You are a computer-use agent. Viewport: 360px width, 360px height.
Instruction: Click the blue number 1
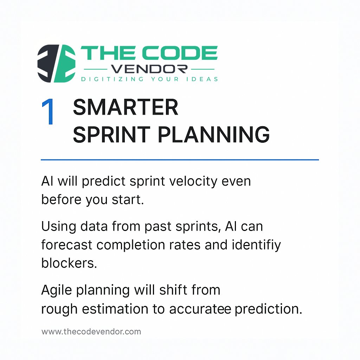click(x=48, y=112)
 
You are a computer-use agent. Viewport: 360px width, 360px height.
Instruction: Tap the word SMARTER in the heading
click(x=126, y=108)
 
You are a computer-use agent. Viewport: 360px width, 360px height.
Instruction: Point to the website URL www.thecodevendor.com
click(x=91, y=332)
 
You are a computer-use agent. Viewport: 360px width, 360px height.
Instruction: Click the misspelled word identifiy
click(x=260, y=244)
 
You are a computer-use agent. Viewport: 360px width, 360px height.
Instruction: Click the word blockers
click(x=69, y=263)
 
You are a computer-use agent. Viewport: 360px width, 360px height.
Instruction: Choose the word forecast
click(x=67, y=244)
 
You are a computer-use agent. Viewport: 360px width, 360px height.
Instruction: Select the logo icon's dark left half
click(x=46, y=64)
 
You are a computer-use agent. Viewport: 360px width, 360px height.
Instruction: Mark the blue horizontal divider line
click(x=180, y=160)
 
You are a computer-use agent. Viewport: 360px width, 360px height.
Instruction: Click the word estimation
click(x=122, y=309)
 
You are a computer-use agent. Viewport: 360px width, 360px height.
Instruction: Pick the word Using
click(x=57, y=226)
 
